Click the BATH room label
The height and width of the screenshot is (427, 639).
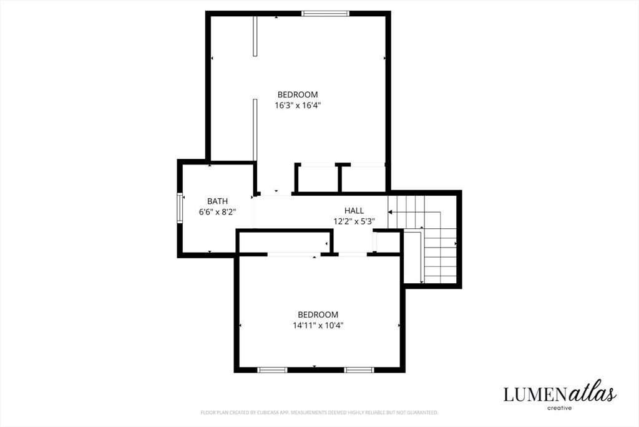217,201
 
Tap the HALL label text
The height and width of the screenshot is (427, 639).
354,211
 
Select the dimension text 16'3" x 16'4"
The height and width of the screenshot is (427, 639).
298,105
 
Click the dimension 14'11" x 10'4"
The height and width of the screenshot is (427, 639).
318,325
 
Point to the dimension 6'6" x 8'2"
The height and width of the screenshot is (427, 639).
218,212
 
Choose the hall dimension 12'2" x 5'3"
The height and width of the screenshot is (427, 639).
354,221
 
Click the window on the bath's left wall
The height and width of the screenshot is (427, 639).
180,208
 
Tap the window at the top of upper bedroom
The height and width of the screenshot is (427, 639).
325,14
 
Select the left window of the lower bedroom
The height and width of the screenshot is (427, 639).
272,370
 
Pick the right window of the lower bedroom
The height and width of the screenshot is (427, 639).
359,370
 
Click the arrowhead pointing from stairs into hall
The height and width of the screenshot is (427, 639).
390,213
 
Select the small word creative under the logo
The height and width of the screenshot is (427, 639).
559,408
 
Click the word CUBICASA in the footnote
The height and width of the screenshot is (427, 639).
267,413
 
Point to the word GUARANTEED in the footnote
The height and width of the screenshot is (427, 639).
424,413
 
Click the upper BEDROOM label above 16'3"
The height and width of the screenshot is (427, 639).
298,94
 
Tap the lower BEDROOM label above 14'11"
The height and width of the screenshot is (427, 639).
318,314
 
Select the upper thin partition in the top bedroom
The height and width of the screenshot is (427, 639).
255,36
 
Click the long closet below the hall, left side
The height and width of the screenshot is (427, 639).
284,243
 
